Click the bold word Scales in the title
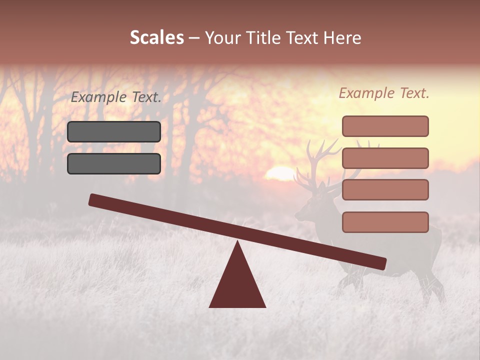pos(156,38)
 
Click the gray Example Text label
pos(115,97)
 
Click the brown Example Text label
pos(384,93)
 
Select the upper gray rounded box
pos(114,131)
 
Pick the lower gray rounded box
pos(114,163)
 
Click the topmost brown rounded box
pos(385,126)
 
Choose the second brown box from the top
pos(385,158)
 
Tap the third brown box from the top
pos(385,190)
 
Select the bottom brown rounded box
pos(385,222)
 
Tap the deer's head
pos(307,205)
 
